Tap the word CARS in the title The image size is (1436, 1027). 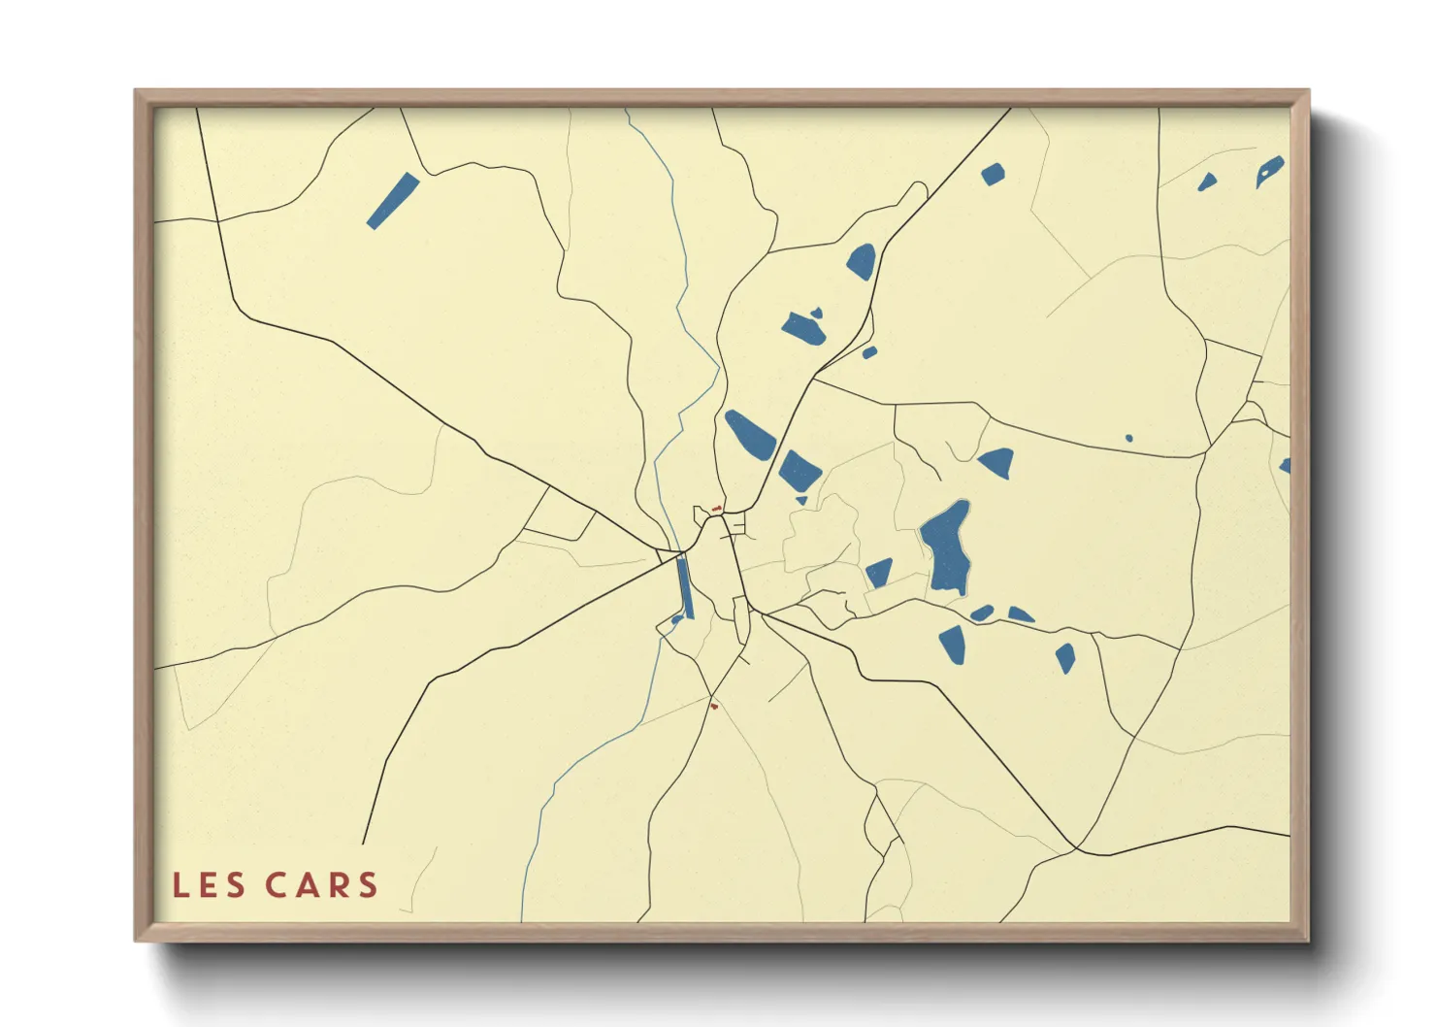tap(321, 885)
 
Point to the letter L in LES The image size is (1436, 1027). tap(179, 885)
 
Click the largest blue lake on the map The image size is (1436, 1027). tap(946, 548)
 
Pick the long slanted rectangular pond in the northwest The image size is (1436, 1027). tap(392, 201)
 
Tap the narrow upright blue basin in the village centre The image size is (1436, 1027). tap(684, 586)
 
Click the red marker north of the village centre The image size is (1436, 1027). tap(717, 508)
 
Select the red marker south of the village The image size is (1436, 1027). tap(714, 706)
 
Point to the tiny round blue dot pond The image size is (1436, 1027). tap(1128, 439)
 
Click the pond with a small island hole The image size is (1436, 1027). tap(1270, 171)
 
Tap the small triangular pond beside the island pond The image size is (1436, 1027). tap(1206, 182)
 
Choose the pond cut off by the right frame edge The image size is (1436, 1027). tap(1286, 466)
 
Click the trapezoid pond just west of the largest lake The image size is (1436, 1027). tap(879, 573)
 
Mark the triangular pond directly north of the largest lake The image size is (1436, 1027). tap(997, 462)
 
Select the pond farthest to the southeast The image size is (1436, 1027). tap(1065, 657)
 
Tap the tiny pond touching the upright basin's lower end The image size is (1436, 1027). tap(676, 619)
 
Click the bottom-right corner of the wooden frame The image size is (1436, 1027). tap(1308, 940)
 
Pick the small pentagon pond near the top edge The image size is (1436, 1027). tap(992, 175)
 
